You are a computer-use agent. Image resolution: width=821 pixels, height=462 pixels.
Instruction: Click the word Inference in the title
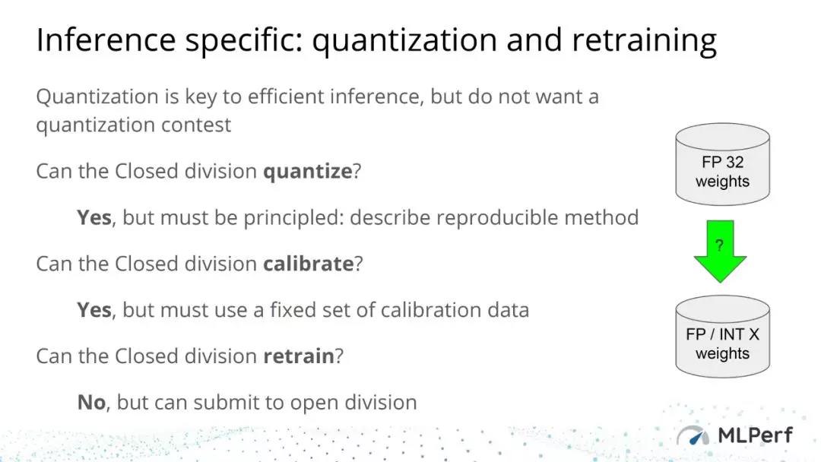[x=106, y=40]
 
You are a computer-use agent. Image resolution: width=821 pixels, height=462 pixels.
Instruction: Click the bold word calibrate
[x=309, y=264]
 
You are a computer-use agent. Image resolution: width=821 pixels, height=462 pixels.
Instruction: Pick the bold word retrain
[x=299, y=356]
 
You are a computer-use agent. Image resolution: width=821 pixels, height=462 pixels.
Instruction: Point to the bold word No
[x=92, y=403]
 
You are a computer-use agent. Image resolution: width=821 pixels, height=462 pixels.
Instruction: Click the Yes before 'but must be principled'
[x=94, y=217]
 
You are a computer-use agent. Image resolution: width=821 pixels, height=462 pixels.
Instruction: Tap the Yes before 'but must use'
[x=94, y=310]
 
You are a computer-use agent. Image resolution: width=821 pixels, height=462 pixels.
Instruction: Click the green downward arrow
[x=720, y=252]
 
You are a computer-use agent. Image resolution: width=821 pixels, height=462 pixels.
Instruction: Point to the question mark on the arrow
[x=719, y=245]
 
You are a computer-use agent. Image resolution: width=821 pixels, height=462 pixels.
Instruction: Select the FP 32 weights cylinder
[x=723, y=164]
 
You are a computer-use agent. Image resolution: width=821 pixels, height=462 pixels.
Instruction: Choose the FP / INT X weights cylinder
[x=723, y=337]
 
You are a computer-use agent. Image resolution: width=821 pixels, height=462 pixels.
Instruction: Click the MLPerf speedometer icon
[x=693, y=436]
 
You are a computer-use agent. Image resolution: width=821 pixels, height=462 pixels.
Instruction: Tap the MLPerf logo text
[x=755, y=435]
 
